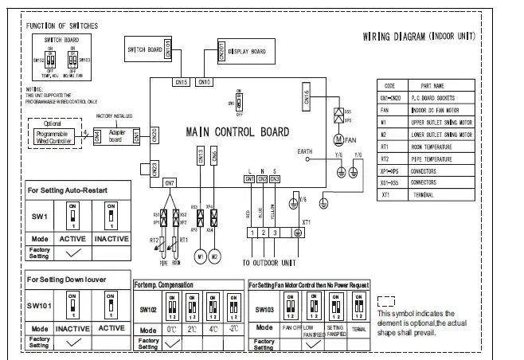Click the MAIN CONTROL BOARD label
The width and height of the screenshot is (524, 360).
pos(238,131)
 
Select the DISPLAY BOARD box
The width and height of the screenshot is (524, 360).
pos(242,52)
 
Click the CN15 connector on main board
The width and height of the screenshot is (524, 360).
pos(181,82)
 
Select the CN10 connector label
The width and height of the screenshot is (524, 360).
pos(204,82)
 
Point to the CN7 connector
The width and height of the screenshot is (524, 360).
pos(170,183)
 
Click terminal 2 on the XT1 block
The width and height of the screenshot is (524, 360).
pos(262,233)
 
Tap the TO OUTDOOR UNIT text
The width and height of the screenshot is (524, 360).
pos(270,261)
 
